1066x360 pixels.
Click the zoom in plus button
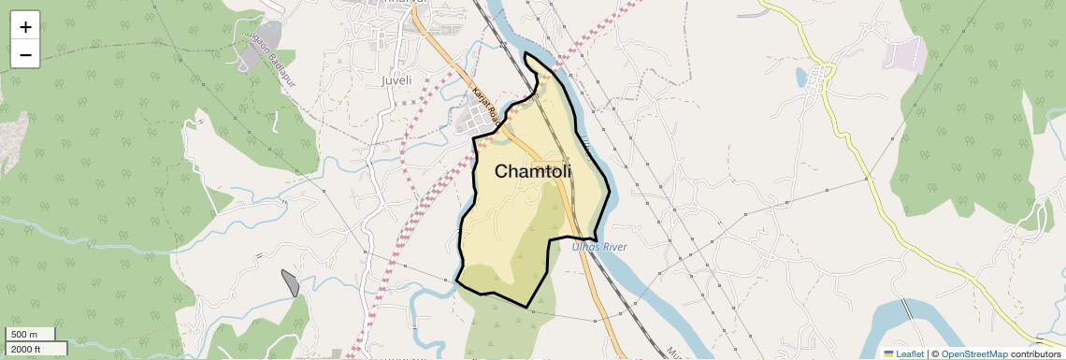(25, 27)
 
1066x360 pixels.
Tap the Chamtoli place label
(532, 172)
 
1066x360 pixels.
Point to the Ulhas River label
(599, 247)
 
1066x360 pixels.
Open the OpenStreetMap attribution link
(973, 353)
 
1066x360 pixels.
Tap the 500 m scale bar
(31, 335)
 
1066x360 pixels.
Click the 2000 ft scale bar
(36, 349)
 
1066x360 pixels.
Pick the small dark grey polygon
(291, 282)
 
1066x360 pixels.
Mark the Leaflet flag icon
(888, 353)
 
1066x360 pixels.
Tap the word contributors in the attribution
(1035, 353)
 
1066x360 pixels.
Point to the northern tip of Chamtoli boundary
(526, 54)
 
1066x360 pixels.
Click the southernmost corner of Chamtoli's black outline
(528, 308)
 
